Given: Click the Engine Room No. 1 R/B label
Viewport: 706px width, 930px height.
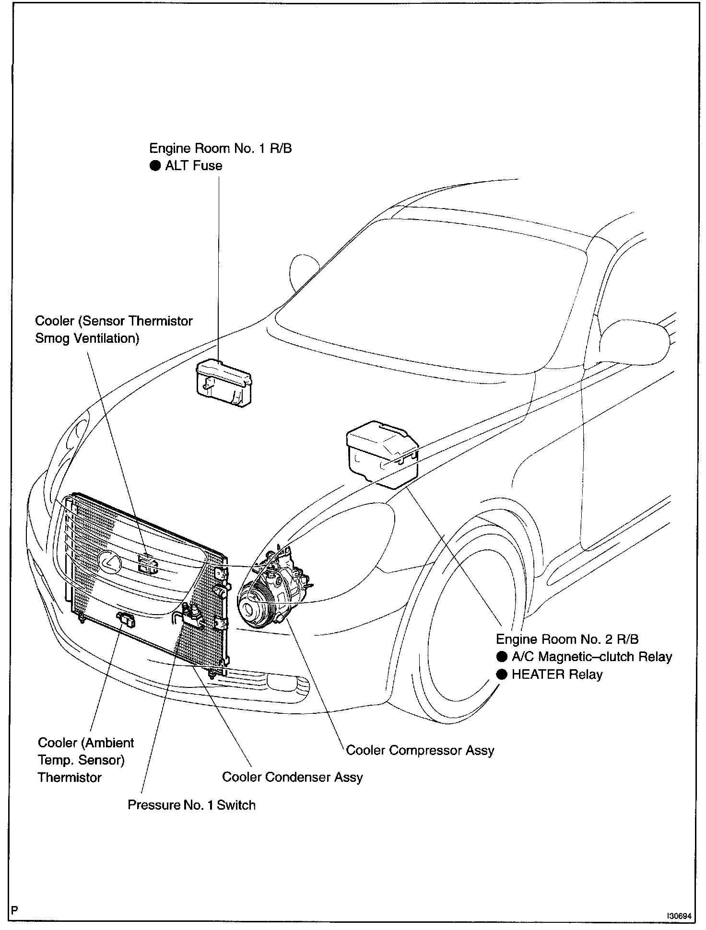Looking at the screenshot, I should [x=220, y=148].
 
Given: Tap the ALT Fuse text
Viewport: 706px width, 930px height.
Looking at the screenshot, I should [x=193, y=166].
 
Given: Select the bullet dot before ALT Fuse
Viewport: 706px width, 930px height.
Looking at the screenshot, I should [x=154, y=166].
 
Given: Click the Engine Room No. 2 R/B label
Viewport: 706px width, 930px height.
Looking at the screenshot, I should [x=567, y=639].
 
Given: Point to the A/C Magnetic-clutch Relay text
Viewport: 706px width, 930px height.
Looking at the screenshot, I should [x=591, y=657].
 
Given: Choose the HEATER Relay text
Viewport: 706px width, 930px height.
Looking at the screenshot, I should [x=556, y=674].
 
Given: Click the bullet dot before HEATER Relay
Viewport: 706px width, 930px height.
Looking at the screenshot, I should [x=502, y=674].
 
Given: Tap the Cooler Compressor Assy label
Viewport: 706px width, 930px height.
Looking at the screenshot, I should [x=420, y=750].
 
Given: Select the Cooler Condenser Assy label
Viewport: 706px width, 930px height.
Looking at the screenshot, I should [x=292, y=777].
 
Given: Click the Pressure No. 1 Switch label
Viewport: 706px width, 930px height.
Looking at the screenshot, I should [x=191, y=804].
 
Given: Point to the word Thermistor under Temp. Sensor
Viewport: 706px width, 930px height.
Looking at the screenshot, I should [x=70, y=777].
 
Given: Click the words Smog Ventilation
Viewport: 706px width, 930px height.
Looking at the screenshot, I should [x=87, y=338].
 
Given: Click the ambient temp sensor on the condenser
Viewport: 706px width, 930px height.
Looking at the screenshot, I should [x=126, y=620].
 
